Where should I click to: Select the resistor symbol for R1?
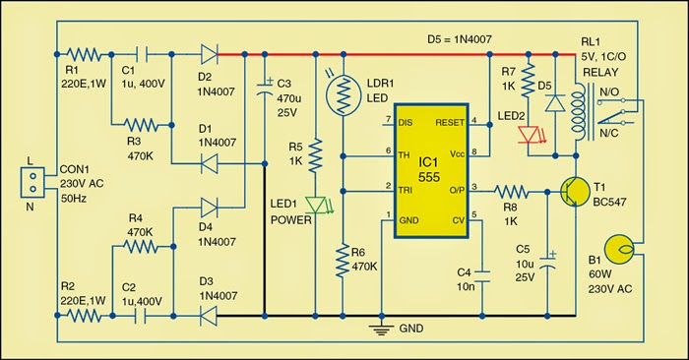click(86, 56)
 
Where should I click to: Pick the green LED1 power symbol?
click(315, 206)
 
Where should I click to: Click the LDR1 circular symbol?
click(344, 90)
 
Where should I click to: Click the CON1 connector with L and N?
click(31, 183)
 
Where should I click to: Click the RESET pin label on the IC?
click(450, 122)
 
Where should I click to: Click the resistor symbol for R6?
click(344, 264)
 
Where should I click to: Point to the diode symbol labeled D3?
click(208, 317)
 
